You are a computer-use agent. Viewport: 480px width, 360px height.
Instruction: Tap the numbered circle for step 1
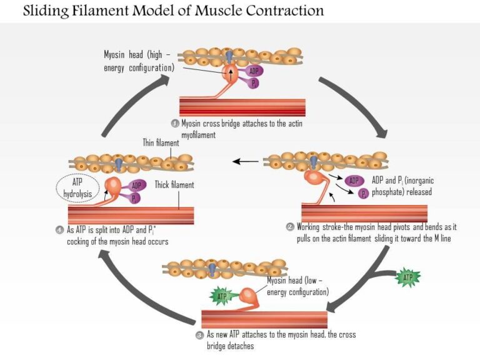pyautogui.click(x=175, y=123)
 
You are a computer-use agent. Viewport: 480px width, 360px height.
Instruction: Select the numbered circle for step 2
pyautogui.click(x=290, y=227)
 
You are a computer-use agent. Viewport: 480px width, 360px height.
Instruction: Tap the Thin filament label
pyautogui.click(x=161, y=143)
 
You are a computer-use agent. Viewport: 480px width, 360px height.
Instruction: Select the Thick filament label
pyautogui.click(x=174, y=185)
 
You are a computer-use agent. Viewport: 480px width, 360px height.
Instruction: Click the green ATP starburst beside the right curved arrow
pyautogui.click(x=407, y=276)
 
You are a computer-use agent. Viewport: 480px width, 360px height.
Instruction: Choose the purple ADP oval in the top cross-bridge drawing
pyautogui.click(x=254, y=71)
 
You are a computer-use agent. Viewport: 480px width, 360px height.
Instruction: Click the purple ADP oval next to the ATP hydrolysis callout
pyautogui.click(x=137, y=185)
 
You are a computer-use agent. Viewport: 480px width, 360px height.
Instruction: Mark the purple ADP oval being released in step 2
pyautogui.click(x=354, y=181)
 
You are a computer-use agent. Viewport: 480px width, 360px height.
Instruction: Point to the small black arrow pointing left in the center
pyautogui.click(x=246, y=161)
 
